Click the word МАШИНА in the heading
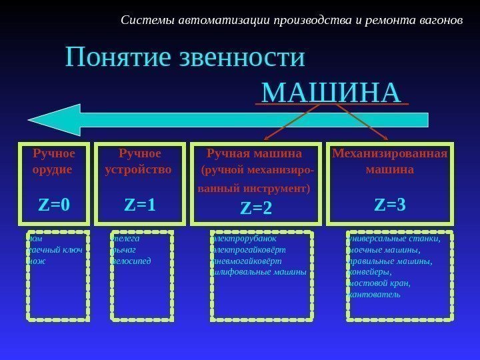click(x=331, y=92)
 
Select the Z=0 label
click(x=54, y=204)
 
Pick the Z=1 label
click(x=140, y=204)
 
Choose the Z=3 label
click(x=390, y=204)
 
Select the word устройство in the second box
click(x=139, y=169)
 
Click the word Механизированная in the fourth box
click(x=390, y=155)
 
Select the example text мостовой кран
click(x=379, y=283)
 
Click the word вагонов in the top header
click(x=440, y=19)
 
